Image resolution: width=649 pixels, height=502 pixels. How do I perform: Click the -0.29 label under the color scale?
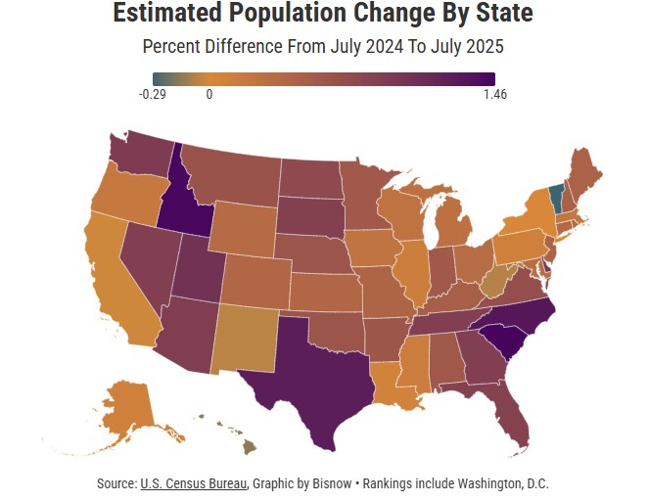pos(152,94)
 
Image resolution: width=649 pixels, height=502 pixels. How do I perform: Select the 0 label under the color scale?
pos(209,94)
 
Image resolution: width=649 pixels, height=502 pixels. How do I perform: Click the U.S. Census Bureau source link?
pos(194,483)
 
